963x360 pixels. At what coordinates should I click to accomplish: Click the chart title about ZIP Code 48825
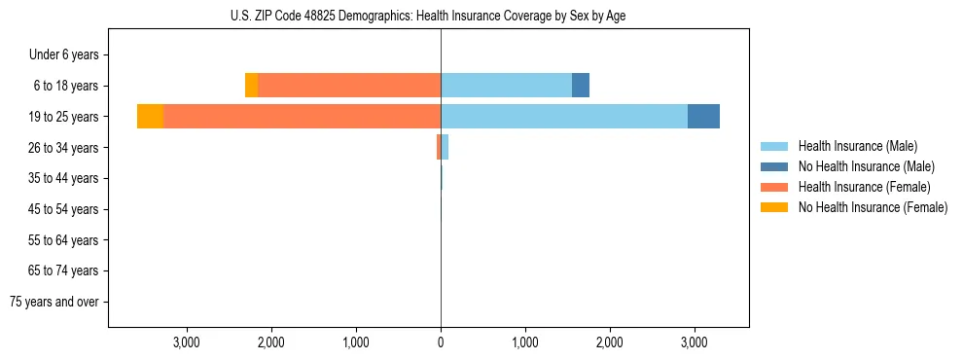pyautogui.click(x=441, y=17)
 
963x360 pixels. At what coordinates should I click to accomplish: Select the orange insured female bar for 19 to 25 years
pyautogui.click(x=302, y=117)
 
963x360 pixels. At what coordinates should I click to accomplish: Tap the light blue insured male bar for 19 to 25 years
pyautogui.click(x=564, y=117)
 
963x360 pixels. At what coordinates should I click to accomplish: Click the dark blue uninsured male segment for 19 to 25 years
pyautogui.click(x=703, y=117)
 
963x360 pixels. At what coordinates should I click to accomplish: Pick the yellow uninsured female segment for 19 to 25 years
pyautogui.click(x=150, y=117)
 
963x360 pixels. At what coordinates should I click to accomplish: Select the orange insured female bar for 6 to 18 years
pyautogui.click(x=349, y=86)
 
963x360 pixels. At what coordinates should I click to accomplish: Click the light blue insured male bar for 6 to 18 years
pyautogui.click(x=506, y=86)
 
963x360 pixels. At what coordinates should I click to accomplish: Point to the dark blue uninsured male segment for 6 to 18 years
pyautogui.click(x=581, y=86)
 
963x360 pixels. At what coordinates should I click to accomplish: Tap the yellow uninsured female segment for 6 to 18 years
pyautogui.click(x=251, y=86)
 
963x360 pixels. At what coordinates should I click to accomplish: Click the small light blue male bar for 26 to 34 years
pyautogui.click(x=445, y=147)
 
